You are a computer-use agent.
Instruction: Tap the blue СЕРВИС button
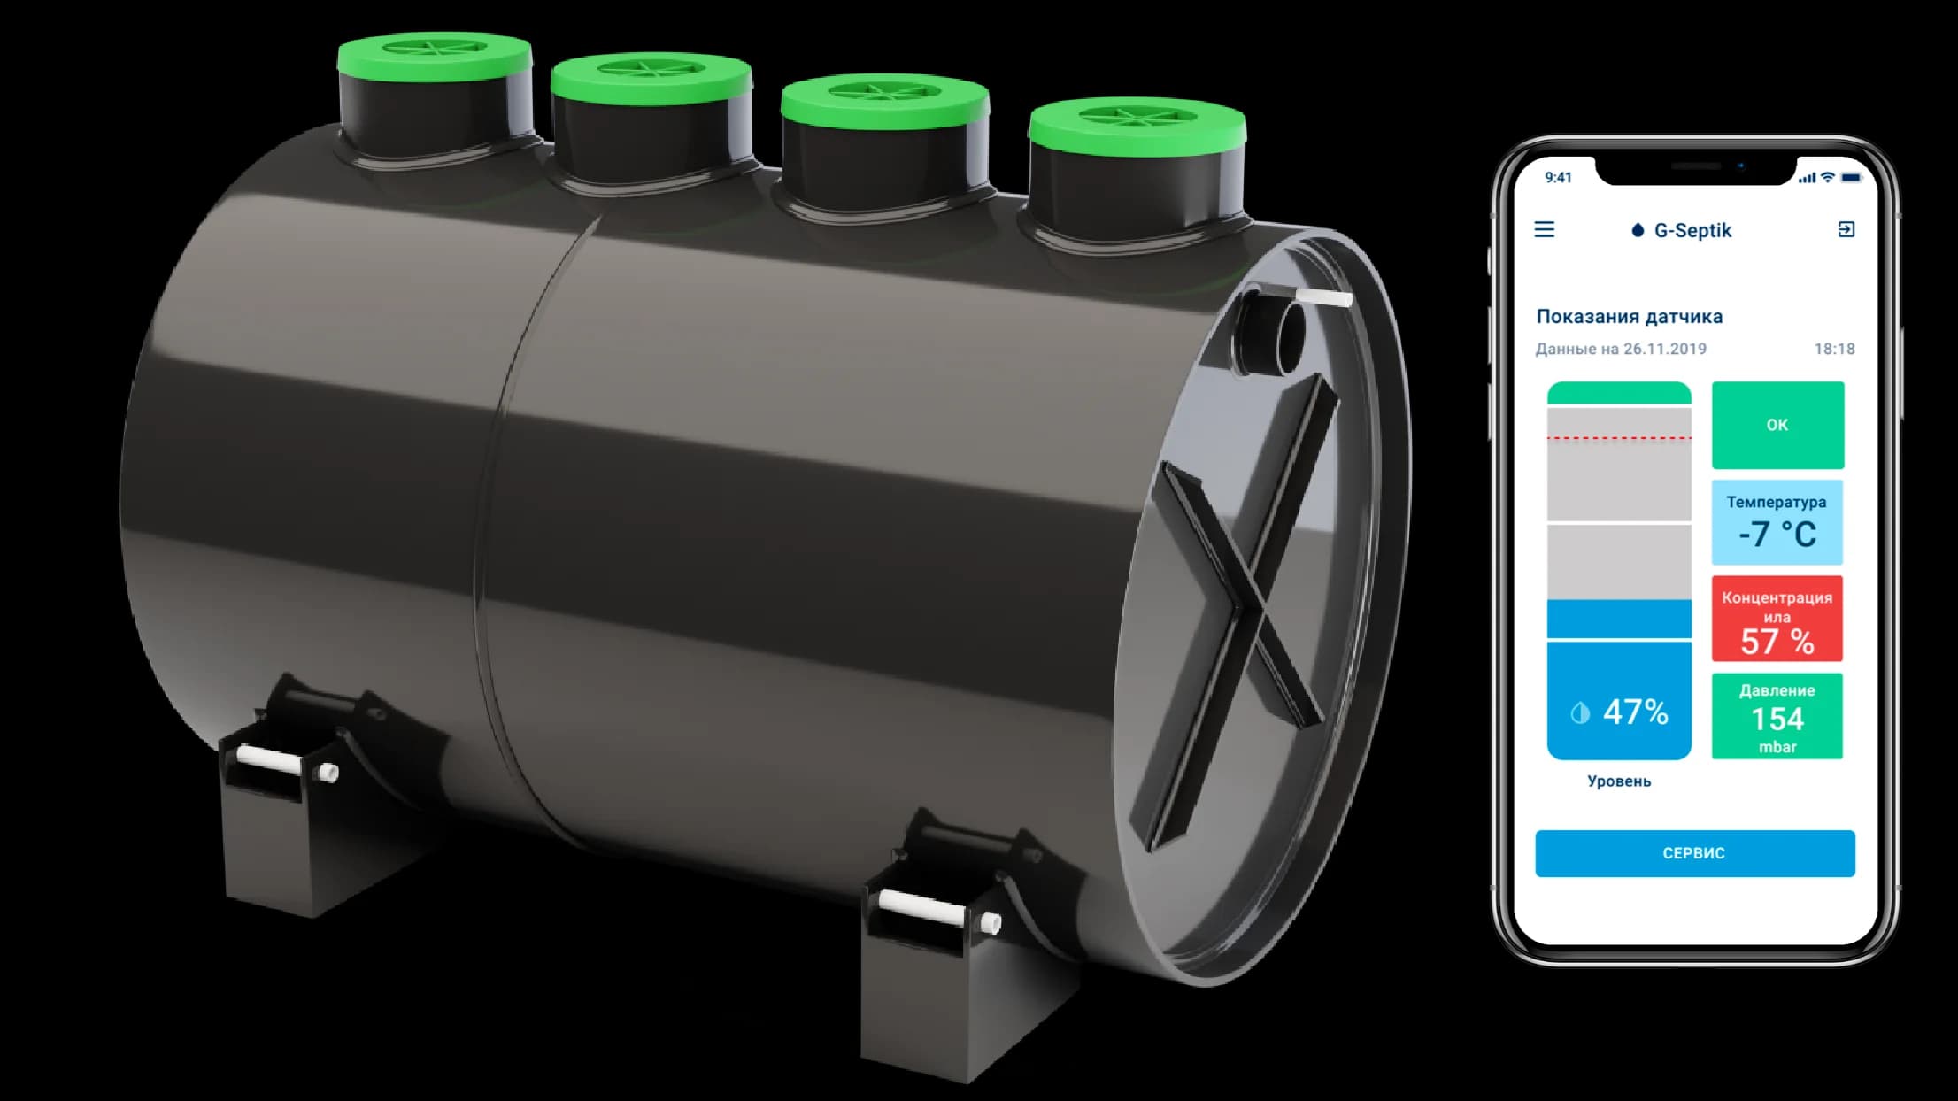pos(1694,853)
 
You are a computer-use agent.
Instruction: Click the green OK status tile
pos(1777,425)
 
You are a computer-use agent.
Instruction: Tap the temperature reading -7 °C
pos(1777,534)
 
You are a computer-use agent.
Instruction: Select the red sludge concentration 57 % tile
pos(1777,619)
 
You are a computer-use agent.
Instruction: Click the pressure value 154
pos(1777,719)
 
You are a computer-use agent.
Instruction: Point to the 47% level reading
pos(1635,712)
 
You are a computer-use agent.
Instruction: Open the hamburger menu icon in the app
pos(1545,230)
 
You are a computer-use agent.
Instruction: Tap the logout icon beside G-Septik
pos(1846,230)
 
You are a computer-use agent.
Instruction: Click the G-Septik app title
pos(1692,230)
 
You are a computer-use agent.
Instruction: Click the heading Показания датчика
pos(1629,316)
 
